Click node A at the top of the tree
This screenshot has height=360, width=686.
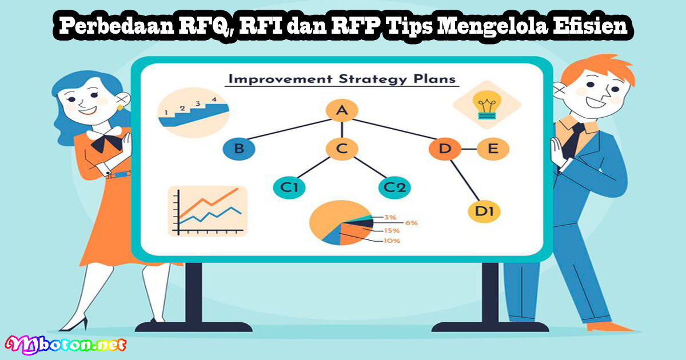point(342,110)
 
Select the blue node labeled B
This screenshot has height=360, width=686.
point(239,149)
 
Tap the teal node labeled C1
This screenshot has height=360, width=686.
point(289,187)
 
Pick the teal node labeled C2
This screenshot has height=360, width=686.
point(394,187)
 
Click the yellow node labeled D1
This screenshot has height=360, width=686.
point(484,211)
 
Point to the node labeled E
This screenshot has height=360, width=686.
point(493,149)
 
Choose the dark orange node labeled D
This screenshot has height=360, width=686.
point(445,149)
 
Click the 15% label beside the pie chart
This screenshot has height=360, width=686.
point(392,230)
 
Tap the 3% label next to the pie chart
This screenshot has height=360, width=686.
point(390,217)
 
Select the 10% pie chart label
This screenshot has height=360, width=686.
point(392,241)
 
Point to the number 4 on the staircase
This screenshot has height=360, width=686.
point(214,99)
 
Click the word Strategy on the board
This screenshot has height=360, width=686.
point(373,79)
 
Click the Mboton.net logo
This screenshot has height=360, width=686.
point(65,345)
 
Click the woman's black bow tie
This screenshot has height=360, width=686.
point(106,142)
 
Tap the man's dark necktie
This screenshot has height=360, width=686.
point(572,139)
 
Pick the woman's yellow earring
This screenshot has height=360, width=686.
point(119,107)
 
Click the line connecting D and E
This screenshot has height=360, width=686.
point(469,149)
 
